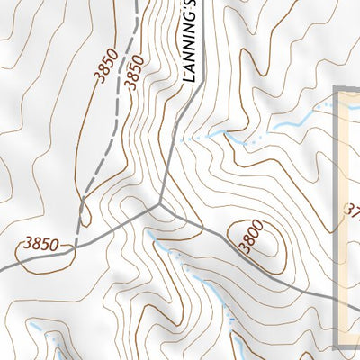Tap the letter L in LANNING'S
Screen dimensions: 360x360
tap(189, 78)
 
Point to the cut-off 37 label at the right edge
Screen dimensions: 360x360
tap(352, 212)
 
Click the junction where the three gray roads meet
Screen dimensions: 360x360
tap(162, 204)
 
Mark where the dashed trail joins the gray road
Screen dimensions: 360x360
tap(76, 245)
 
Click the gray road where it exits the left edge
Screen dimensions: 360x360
tap(3, 268)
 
